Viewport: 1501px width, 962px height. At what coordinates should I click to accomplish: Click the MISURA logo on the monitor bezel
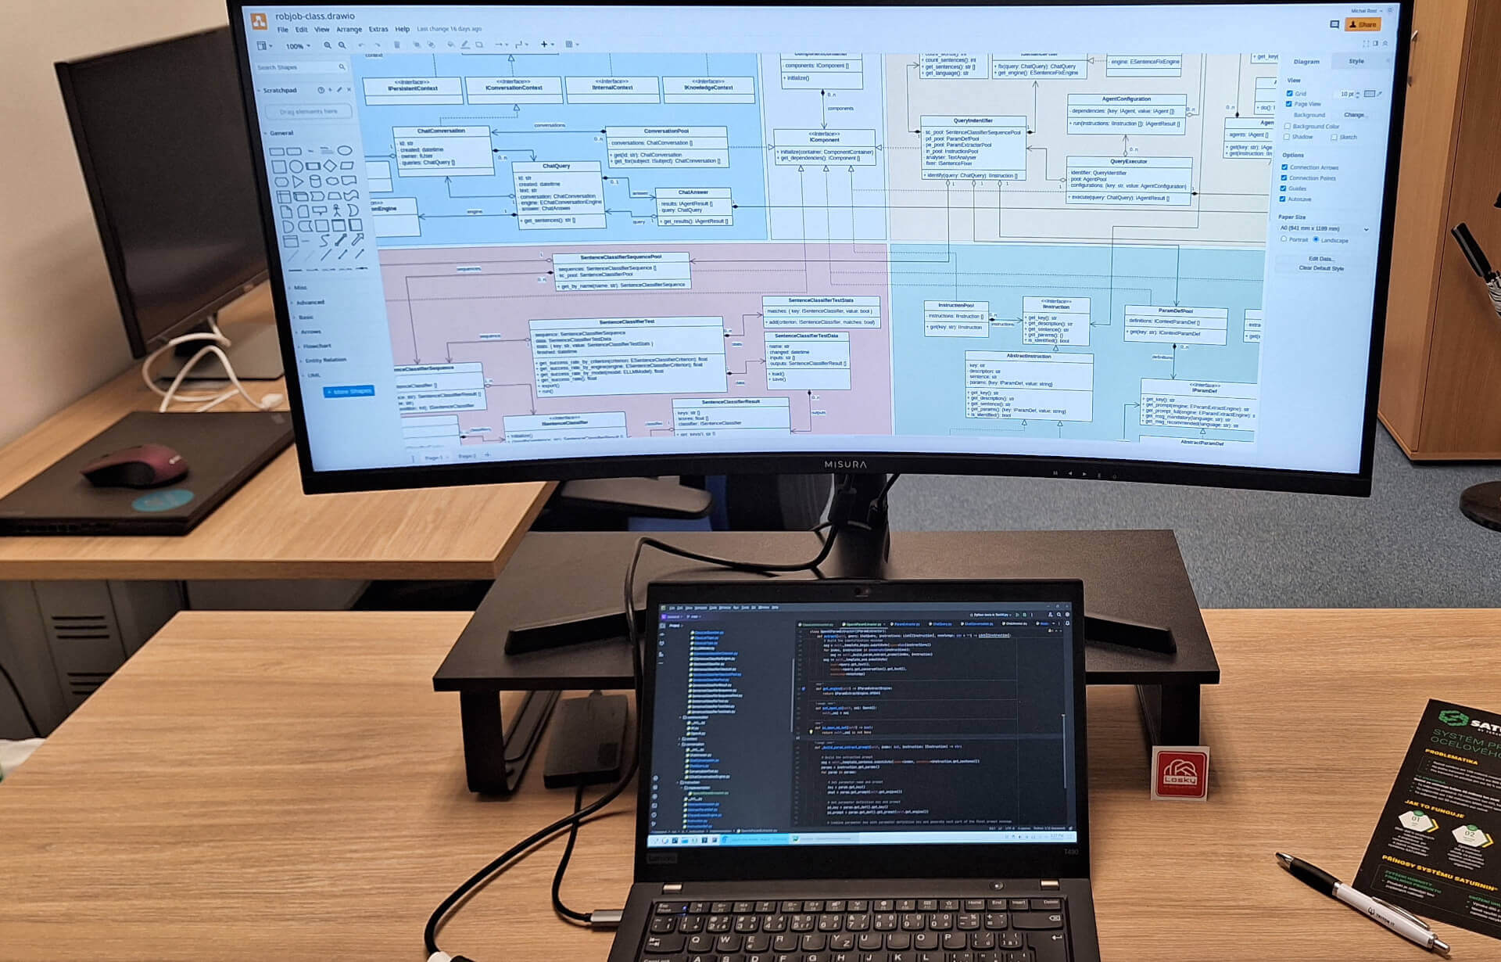pos(845,465)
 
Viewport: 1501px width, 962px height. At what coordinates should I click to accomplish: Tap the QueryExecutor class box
pos(1129,179)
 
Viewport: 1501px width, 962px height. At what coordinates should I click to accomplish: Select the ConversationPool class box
pos(666,146)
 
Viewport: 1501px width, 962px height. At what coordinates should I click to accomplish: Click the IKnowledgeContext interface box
pos(708,88)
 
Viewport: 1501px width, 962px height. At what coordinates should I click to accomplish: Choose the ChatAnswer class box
pos(693,206)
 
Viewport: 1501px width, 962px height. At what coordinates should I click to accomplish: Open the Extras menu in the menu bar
pos(378,30)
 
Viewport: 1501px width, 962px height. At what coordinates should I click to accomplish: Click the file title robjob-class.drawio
pos(314,16)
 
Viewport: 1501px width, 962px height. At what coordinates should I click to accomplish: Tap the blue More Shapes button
pos(349,391)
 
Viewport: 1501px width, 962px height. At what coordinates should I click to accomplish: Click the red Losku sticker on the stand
pos(1180,773)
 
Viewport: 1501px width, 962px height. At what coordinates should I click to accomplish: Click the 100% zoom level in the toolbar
pos(296,46)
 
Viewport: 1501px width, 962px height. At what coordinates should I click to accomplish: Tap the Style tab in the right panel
pos(1356,61)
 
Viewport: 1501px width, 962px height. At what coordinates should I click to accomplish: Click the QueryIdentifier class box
pos(973,147)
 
